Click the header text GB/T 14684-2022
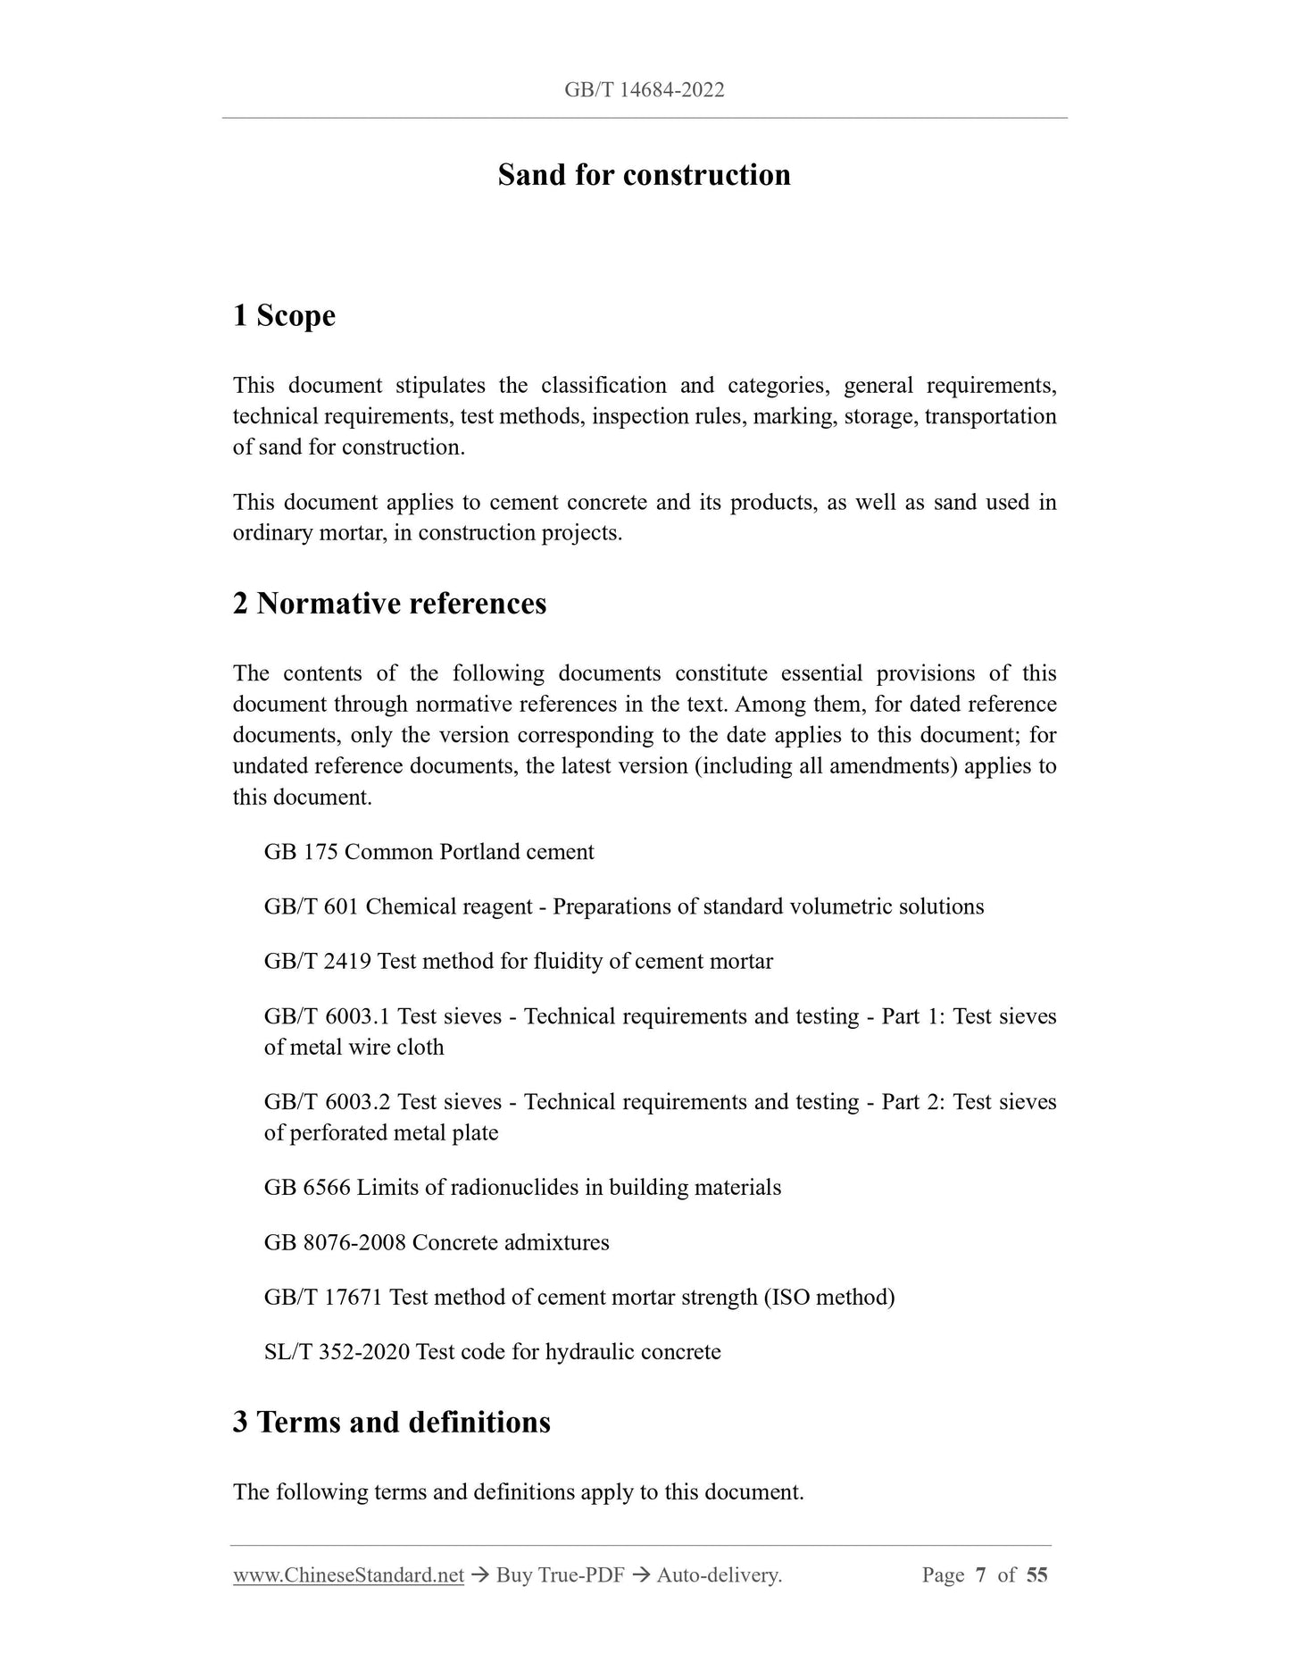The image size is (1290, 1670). tap(644, 89)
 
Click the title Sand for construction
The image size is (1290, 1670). tap(644, 174)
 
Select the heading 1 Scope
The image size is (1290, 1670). tap(284, 315)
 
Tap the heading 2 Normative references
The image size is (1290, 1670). tap(389, 604)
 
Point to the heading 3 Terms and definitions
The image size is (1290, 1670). tap(391, 1422)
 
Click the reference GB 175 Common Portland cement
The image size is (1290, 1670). tap(429, 852)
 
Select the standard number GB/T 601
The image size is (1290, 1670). tap(311, 906)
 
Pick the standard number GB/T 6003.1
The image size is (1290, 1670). tap(327, 1016)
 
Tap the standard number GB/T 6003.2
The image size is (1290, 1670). tap(327, 1102)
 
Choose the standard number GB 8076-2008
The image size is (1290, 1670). tap(335, 1243)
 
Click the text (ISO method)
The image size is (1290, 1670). tap(828, 1298)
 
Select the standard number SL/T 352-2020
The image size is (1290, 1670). tap(337, 1352)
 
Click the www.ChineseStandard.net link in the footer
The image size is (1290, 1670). tap(348, 1575)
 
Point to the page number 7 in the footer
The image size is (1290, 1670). tap(980, 1575)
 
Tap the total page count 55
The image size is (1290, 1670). tap(1036, 1575)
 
